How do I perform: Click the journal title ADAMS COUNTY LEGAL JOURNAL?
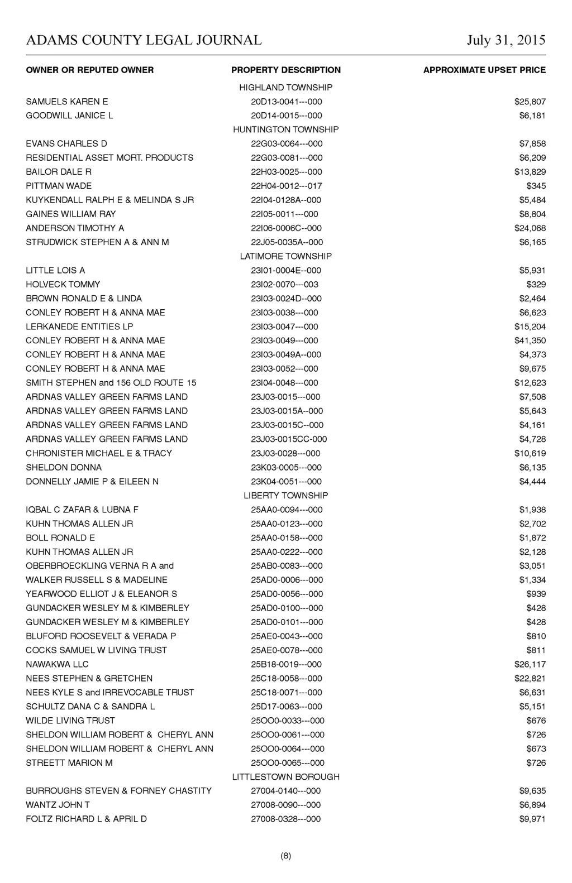pos(144,40)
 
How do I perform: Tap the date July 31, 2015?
pos(506,40)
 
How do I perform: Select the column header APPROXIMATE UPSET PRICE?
pos(484,70)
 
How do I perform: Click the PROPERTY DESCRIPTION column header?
pos(286,70)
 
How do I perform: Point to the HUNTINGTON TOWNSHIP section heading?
pos(286,129)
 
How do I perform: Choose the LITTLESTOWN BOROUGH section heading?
pos(286,777)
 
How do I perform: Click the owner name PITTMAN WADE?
pos(59,186)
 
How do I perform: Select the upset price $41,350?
pos(530,340)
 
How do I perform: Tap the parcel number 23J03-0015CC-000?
pos(289,439)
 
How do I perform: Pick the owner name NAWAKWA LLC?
pos(57,664)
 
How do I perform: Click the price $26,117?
pos(530,664)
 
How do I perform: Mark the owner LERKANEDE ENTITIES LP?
pos(79,327)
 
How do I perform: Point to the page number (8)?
pos(286,856)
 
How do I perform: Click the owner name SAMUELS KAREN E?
pos(67,102)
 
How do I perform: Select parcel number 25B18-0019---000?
pos(287,664)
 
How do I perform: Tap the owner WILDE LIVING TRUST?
pos(70,721)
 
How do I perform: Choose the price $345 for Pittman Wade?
pos(536,186)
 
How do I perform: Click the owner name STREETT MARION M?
pos(69,763)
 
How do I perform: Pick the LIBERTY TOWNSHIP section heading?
pos(286,496)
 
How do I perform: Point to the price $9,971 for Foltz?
pos(532,819)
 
